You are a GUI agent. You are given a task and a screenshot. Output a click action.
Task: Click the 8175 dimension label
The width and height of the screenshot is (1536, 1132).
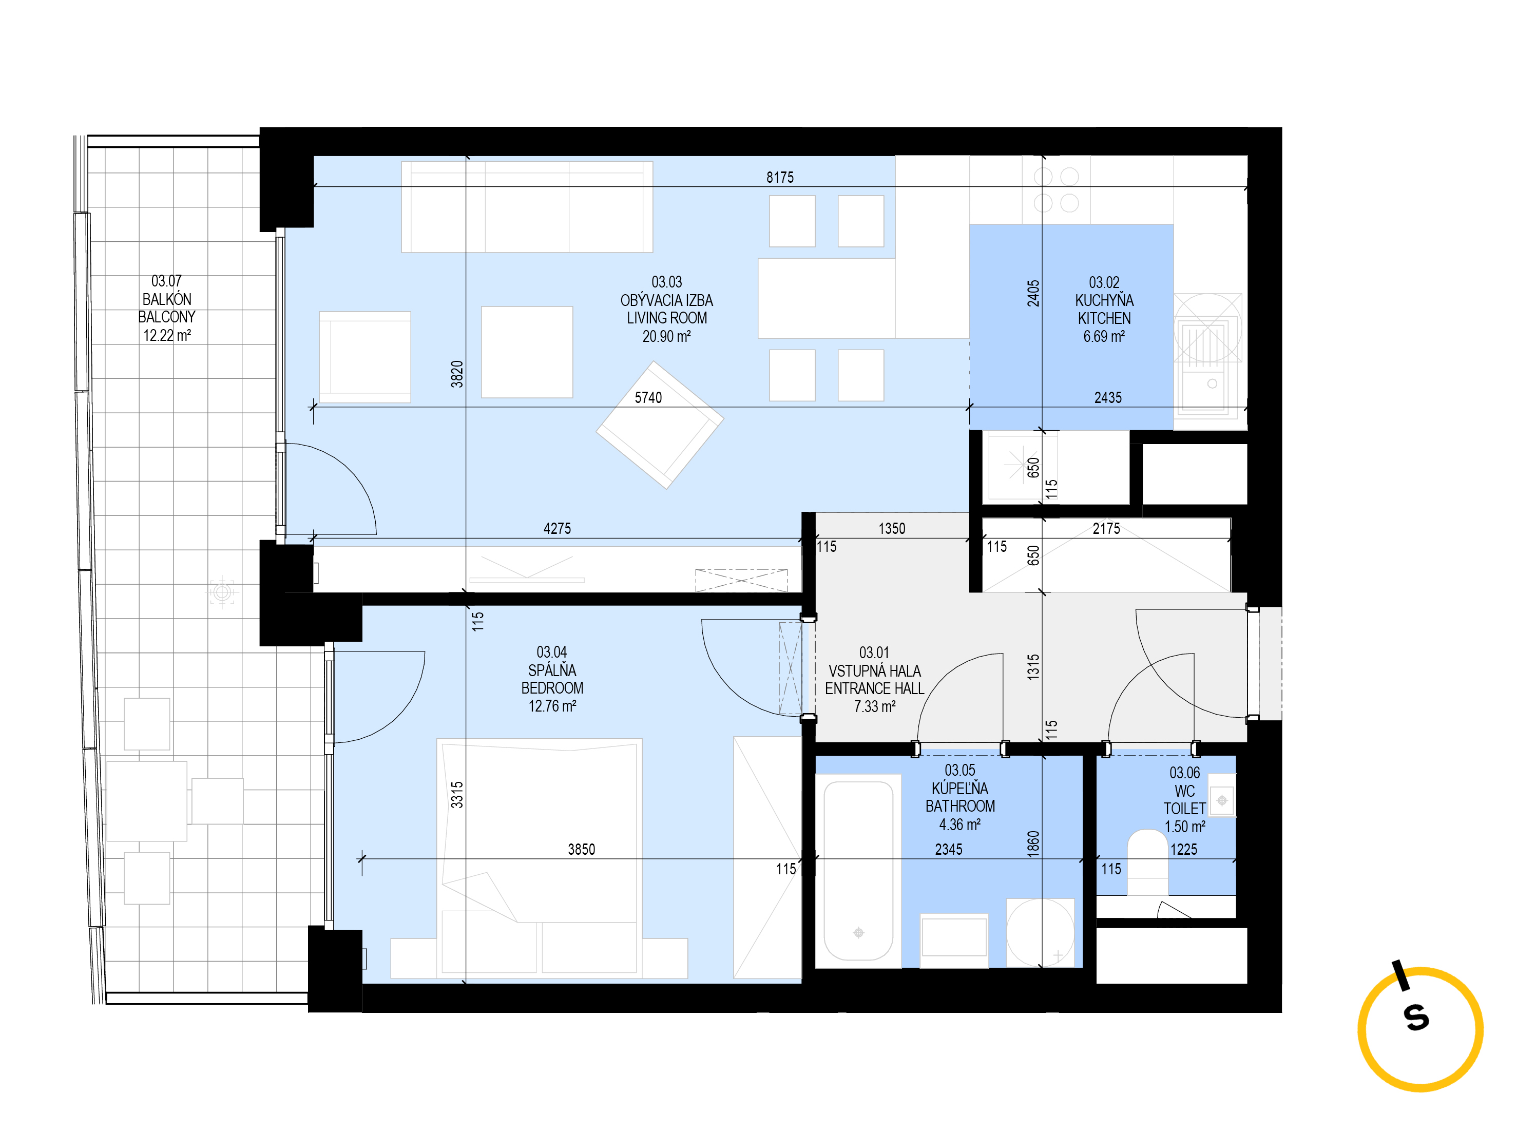coord(780,178)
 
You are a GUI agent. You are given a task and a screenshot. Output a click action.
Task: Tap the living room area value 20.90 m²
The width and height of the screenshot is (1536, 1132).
coord(666,336)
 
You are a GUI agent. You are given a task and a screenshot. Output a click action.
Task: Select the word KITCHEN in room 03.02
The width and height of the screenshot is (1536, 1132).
coord(1104,319)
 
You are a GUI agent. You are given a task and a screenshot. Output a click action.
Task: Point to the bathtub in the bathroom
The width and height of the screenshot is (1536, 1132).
coord(858,870)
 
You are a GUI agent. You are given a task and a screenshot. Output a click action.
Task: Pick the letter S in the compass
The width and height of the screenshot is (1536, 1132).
coord(1416,1018)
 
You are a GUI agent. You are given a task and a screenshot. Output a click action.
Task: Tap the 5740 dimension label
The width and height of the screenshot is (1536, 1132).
coord(648,398)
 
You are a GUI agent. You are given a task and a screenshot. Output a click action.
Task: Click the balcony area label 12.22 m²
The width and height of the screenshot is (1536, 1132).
coord(166,336)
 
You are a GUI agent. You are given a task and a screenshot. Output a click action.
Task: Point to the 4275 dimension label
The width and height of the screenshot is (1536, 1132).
coord(557,528)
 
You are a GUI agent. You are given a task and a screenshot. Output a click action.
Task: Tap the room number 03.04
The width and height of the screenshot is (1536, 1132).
coord(551,653)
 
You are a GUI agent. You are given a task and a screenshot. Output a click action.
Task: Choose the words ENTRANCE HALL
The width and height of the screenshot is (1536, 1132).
coord(874,688)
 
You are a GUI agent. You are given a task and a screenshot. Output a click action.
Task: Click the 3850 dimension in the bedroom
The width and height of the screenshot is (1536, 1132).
coord(581,850)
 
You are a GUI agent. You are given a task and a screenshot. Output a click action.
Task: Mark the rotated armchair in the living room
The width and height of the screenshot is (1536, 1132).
coord(660,425)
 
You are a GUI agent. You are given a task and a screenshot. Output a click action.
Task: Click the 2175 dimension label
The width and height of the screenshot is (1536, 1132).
coord(1106,528)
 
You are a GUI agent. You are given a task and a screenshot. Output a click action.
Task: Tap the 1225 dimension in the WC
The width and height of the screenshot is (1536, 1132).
coord(1183,850)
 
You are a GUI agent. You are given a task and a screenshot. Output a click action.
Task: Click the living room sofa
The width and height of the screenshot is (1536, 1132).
coord(526,207)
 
